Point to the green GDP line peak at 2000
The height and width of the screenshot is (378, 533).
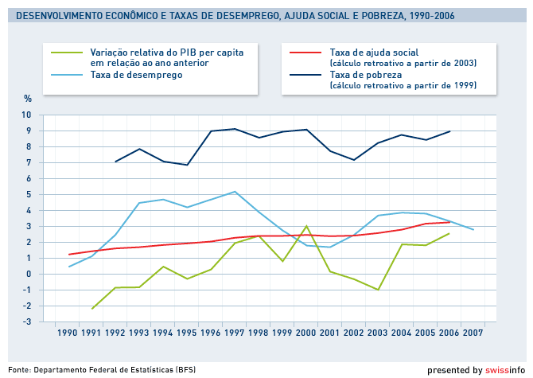(x=306, y=226)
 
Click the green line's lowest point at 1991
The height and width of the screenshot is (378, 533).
(x=92, y=308)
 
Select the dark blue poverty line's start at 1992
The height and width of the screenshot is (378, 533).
(x=116, y=162)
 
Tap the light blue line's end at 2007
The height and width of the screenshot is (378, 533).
(x=473, y=229)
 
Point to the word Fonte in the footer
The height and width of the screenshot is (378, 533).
(x=19, y=369)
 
